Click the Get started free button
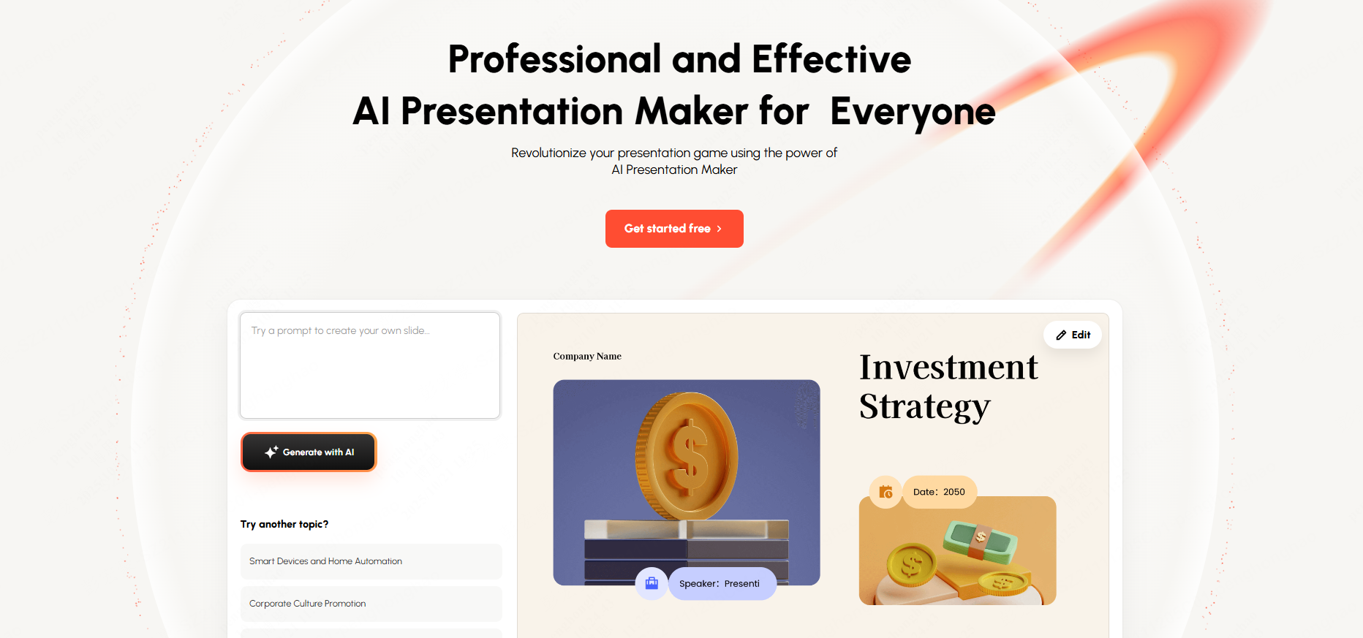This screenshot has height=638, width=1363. [x=674, y=229]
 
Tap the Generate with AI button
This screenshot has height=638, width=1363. [x=309, y=452]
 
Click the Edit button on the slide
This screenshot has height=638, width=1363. [x=1073, y=335]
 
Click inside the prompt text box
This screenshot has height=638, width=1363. [x=370, y=365]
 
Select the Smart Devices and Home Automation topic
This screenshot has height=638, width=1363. [x=371, y=561]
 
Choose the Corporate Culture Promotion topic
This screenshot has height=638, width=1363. [x=371, y=604]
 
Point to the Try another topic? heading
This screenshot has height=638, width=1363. [x=284, y=524]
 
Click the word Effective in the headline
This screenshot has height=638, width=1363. [x=831, y=59]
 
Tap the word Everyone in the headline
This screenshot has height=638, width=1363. [x=913, y=113]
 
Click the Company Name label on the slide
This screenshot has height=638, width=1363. [x=587, y=357]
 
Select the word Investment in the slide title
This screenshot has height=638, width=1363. [x=948, y=367]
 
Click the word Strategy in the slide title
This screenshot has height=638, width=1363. [x=925, y=406]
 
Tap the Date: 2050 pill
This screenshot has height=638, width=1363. [x=940, y=492]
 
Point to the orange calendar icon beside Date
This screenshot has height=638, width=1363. [x=886, y=492]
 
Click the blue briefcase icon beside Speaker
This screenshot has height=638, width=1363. [x=652, y=583]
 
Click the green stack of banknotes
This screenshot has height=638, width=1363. [x=981, y=541]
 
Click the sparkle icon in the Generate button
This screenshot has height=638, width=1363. [x=271, y=452]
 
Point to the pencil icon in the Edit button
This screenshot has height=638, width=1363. [x=1061, y=335]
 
